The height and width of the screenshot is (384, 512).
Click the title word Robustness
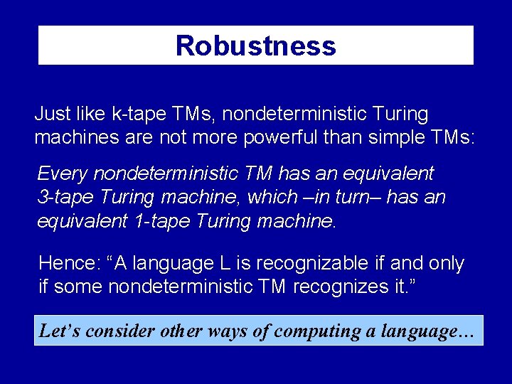coord(255,46)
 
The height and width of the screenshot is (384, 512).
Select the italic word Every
coord(63,174)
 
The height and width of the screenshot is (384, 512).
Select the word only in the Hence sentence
coord(444,264)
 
